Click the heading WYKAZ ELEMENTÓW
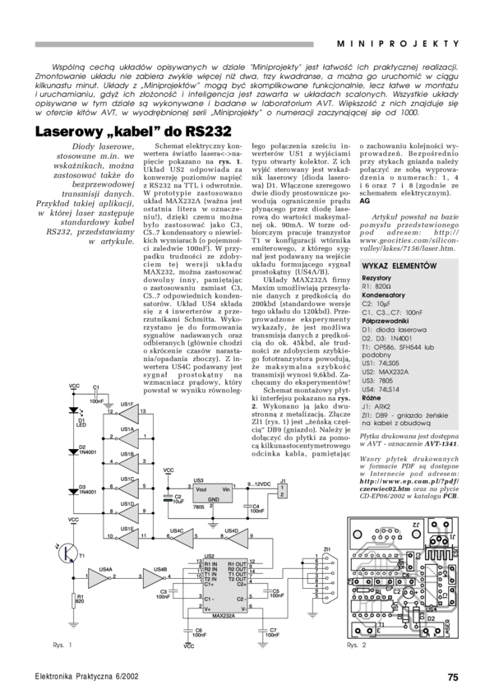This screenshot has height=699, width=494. click(x=399, y=266)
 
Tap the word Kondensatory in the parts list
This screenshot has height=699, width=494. click(x=383, y=294)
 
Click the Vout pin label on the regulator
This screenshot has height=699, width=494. click(x=201, y=489)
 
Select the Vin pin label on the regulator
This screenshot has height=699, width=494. click(x=226, y=489)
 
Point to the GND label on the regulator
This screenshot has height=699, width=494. click(x=213, y=499)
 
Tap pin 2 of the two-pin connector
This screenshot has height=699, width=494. click(x=282, y=495)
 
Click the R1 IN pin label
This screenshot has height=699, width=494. click(x=210, y=564)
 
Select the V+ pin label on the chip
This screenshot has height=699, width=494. click(x=208, y=609)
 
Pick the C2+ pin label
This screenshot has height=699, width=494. click(x=242, y=584)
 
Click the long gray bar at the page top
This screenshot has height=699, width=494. click(x=174, y=44)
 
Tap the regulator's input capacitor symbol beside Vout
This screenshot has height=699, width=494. click(x=169, y=498)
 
